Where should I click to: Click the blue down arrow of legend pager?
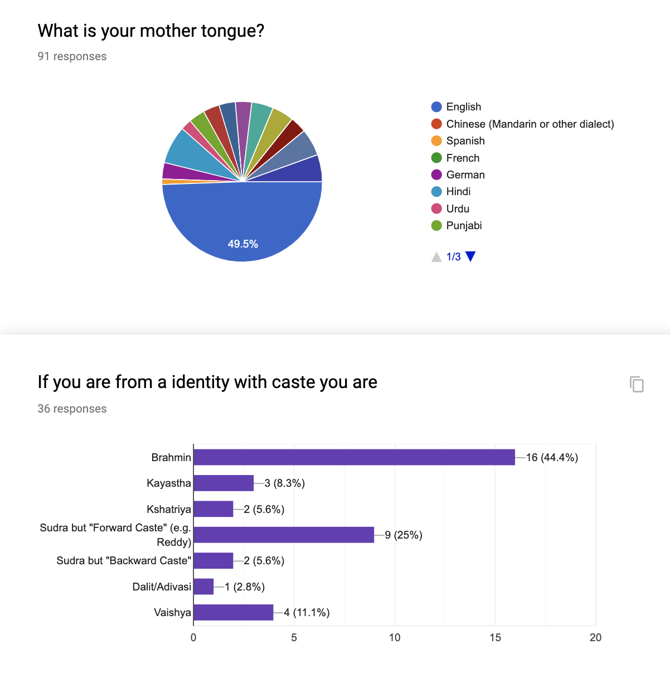pyautogui.click(x=470, y=256)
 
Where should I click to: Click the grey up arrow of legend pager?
pyautogui.click(x=436, y=256)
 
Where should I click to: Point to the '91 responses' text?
pyautogui.click(x=72, y=56)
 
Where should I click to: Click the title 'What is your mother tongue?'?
pyautogui.click(x=150, y=31)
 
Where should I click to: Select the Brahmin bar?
pyautogui.click(x=354, y=457)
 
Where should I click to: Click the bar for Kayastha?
pyautogui.click(x=224, y=483)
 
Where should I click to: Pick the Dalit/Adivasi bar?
pyautogui.click(x=203, y=587)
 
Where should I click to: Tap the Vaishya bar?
pyautogui.click(x=234, y=612)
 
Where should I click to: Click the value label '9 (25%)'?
pyautogui.click(x=404, y=535)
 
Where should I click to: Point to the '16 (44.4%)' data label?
pyautogui.click(x=552, y=458)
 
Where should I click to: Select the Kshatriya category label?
pyautogui.click(x=169, y=509)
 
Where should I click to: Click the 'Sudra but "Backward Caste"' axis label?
pyautogui.click(x=124, y=561)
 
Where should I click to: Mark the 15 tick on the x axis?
pyautogui.click(x=495, y=638)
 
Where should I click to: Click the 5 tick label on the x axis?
pyautogui.click(x=294, y=638)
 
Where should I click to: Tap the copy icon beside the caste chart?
pyautogui.click(x=637, y=384)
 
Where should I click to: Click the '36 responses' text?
pyautogui.click(x=72, y=409)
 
